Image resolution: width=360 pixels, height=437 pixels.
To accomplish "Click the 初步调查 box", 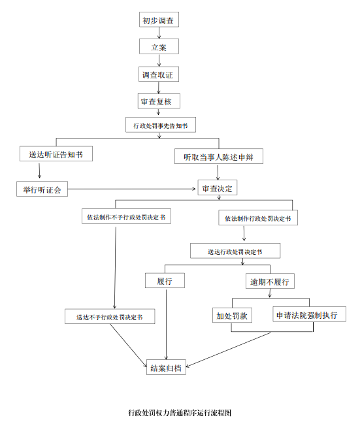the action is click(159, 20).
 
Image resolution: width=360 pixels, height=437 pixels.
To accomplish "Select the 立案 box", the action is click(159, 46).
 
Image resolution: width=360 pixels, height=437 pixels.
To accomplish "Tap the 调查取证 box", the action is click(159, 74).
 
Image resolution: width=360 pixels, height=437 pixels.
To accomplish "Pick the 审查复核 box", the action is click(159, 101).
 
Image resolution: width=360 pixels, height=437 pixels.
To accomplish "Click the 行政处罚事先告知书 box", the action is click(161, 125).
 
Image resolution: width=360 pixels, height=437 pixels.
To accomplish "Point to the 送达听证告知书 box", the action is click(56, 154).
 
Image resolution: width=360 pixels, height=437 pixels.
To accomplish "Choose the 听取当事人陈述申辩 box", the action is click(219, 156).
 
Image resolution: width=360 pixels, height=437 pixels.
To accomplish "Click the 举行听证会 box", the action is click(42, 189).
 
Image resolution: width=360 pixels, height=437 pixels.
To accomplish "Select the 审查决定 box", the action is click(218, 187).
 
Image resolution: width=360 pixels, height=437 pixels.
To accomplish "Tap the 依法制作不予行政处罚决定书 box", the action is click(126, 216).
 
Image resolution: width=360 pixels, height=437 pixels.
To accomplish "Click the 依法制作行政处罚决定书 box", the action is click(258, 218).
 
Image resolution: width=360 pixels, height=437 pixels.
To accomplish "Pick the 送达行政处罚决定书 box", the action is click(235, 251).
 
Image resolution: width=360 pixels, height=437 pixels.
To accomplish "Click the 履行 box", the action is click(165, 280).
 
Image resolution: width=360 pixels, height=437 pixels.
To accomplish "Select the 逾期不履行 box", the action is click(270, 281).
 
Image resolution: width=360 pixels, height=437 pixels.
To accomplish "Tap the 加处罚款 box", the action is click(233, 316).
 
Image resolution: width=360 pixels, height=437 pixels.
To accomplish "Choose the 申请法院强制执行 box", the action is click(310, 314).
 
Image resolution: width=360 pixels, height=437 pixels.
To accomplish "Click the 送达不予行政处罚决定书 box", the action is click(110, 316).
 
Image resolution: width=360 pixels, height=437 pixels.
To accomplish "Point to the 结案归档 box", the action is click(166, 367).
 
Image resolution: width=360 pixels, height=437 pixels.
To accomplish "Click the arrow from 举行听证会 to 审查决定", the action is click(131, 189).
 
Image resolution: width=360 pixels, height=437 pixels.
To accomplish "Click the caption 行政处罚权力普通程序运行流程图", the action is click(180, 413).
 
